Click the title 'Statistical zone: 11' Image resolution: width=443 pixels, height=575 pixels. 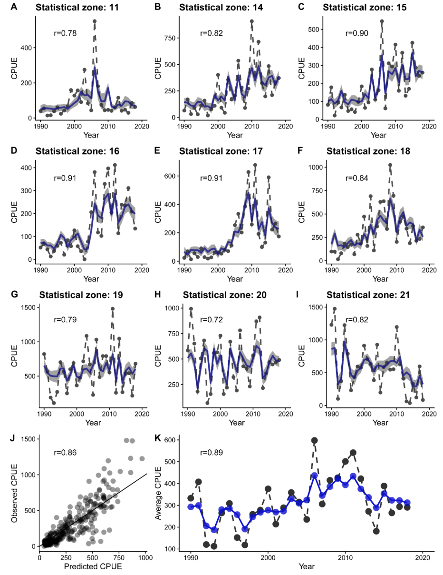coord(77,8)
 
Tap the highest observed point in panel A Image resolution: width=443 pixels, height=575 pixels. coord(95,21)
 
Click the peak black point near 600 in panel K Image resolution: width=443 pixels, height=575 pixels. coord(314,440)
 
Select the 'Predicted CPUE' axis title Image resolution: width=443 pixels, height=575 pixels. coord(92,566)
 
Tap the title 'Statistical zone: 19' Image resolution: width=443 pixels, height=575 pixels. coord(81,295)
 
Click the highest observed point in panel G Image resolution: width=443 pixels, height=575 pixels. coord(113,309)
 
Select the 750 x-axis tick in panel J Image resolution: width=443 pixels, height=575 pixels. coord(119,558)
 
